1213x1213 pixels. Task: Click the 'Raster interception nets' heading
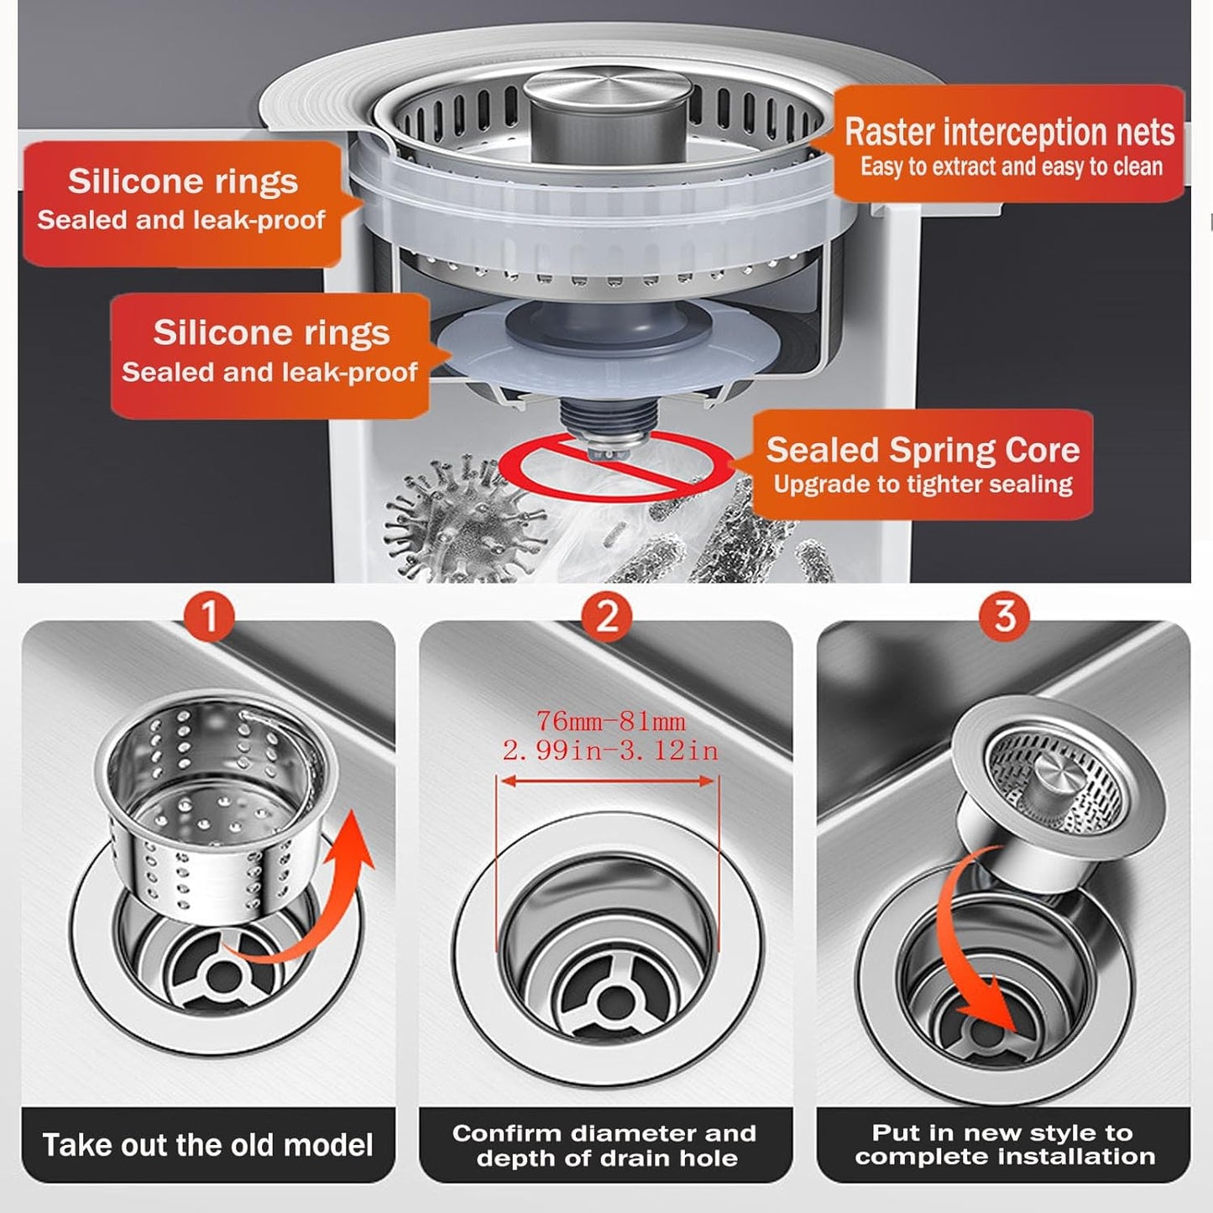[1009, 132]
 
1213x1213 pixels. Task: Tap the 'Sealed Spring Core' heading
[923, 450]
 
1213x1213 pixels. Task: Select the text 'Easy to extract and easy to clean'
[1011, 167]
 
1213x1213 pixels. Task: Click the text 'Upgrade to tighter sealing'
[923, 484]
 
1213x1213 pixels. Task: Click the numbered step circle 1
[209, 615]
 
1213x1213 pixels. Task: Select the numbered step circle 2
[607, 615]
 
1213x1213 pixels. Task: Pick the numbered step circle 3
[1005, 615]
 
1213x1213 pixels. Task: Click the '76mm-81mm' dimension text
[610, 721]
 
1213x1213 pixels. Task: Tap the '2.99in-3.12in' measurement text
[610, 750]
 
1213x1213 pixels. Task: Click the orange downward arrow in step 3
[974, 965]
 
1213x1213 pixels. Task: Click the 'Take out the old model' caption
[208, 1145]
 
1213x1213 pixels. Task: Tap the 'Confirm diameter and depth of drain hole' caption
[605, 1145]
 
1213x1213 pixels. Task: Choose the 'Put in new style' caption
[1004, 1144]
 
